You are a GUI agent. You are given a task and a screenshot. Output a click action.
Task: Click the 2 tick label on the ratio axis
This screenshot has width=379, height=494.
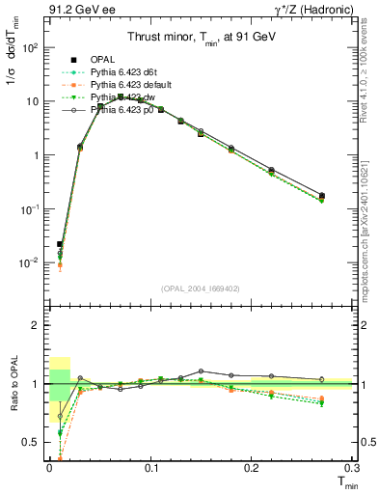pos(34,325)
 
